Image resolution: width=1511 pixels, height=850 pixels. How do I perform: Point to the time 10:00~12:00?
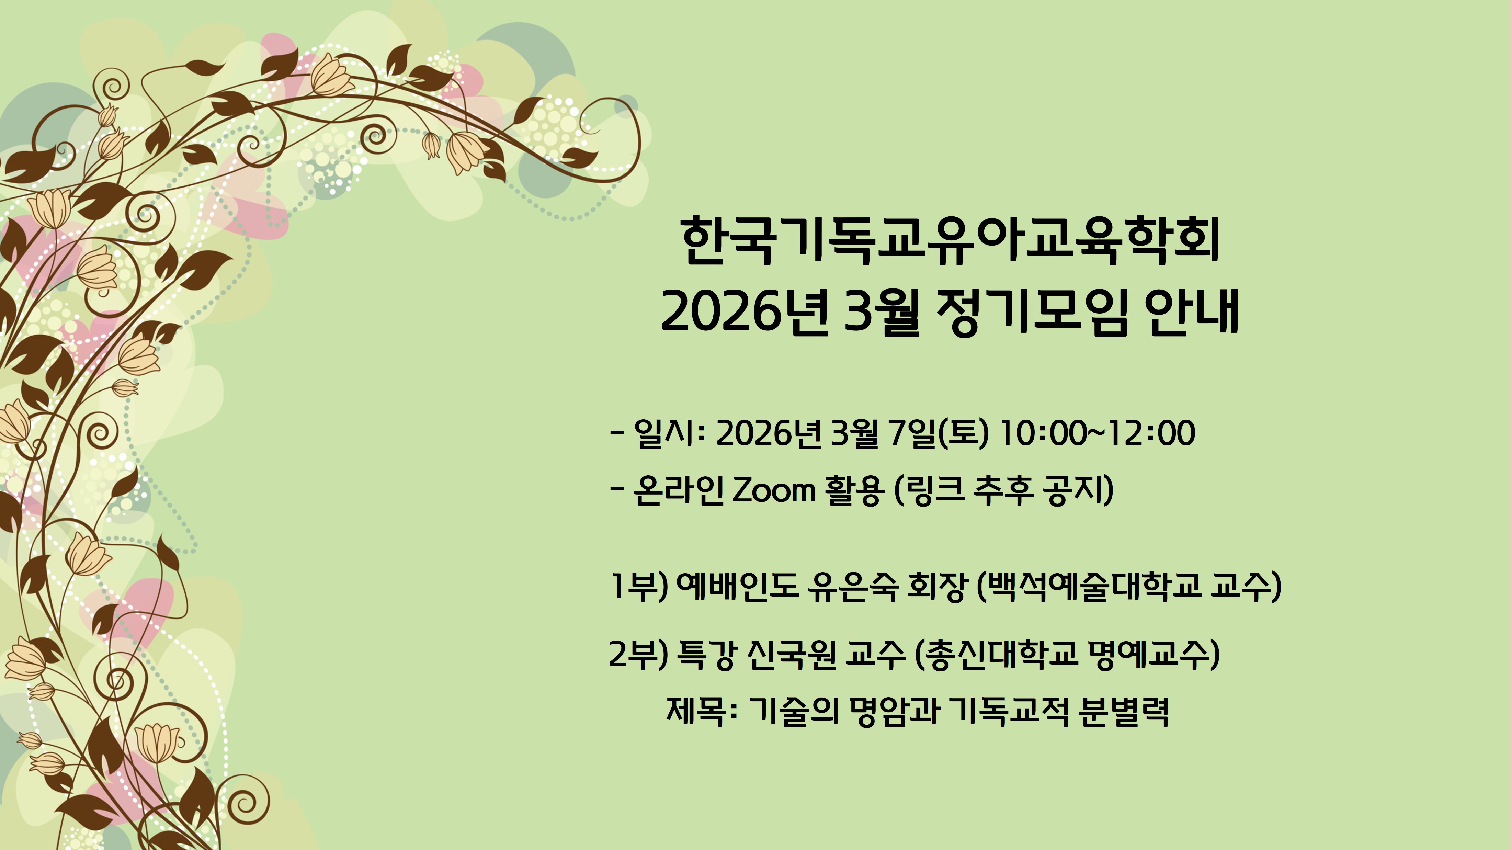pos(1097,433)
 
